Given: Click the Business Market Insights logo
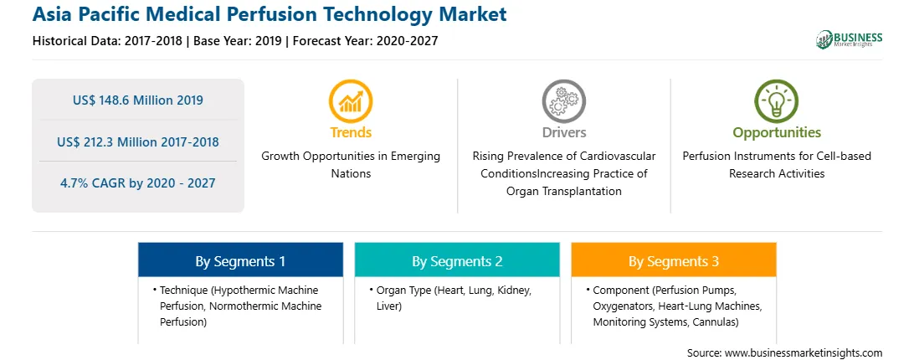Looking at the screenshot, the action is [849, 39].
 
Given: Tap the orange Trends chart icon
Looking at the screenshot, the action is [351, 100].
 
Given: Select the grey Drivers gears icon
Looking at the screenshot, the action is [563, 100].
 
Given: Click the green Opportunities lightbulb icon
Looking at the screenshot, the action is [777, 100].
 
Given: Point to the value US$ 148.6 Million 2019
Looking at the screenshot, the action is [138, 100].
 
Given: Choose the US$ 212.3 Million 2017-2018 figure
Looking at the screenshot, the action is [138, 141].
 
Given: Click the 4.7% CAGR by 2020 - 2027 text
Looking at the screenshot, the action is [138, 183].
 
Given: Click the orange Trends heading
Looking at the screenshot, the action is [351, 132].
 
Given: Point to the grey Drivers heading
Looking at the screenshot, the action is [563, 132].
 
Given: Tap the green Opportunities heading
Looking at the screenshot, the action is [777, 133].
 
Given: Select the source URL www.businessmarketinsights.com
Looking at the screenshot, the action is [804, 353].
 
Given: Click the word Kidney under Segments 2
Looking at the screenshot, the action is [514, 290].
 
